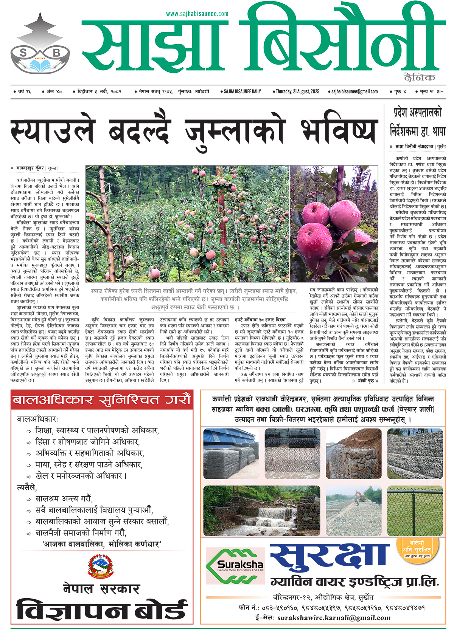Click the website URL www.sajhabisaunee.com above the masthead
click(x=197, y=14)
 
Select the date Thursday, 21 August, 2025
click(x=297, y=91)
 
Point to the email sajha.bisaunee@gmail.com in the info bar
click(x=354, y=91)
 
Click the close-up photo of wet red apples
click(x=334, y=223)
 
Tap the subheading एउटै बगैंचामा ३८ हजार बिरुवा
click(x=260, y=319)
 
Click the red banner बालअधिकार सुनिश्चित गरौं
click(x=102, y=400)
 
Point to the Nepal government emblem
click(x=101, y=566)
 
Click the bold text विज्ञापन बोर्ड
click(x=102, y=610)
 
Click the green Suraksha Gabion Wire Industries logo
click(x=235, y=566)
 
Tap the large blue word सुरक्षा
click(x=330, y=557)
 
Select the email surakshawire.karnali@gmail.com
click(x=334, y=618)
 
